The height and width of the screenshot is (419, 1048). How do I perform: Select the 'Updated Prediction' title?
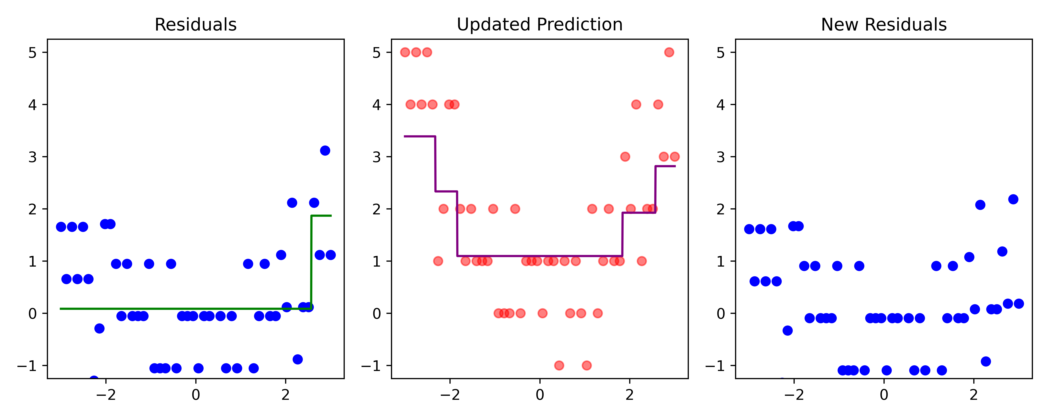click(540, 25)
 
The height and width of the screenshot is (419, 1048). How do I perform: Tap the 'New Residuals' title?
click(884, 25)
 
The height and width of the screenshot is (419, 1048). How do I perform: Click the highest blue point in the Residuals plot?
click(325, 150)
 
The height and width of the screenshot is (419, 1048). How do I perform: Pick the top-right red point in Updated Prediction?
click(669, 52)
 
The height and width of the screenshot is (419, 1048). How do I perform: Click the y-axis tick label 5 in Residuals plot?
click(32, 53)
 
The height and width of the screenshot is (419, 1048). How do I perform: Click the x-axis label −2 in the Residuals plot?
click(106, 395)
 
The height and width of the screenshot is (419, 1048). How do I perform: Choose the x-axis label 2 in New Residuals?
click(974, 395)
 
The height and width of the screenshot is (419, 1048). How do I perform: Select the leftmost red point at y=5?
click(405, 52)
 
